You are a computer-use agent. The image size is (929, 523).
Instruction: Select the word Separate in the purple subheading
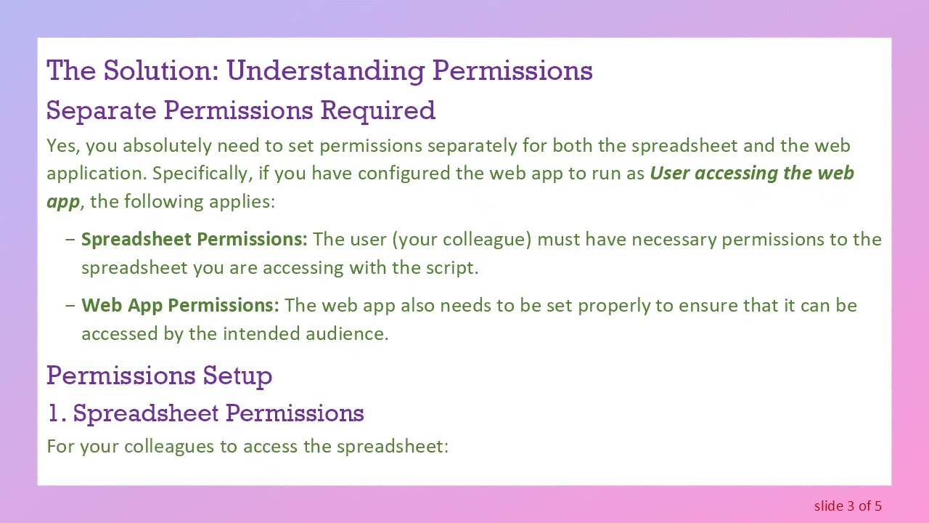pos(102,110)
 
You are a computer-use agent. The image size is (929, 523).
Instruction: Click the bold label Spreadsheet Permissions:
pos(194,240)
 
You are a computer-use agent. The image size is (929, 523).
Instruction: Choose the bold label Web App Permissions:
pos(179,305)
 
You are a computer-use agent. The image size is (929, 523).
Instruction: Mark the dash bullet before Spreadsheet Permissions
pos(70,240)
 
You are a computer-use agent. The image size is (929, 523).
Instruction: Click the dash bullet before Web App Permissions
pos(70,305)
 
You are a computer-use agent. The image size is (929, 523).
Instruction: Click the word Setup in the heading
pos(237,376)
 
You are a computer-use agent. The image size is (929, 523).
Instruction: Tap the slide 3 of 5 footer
pos(848,506)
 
